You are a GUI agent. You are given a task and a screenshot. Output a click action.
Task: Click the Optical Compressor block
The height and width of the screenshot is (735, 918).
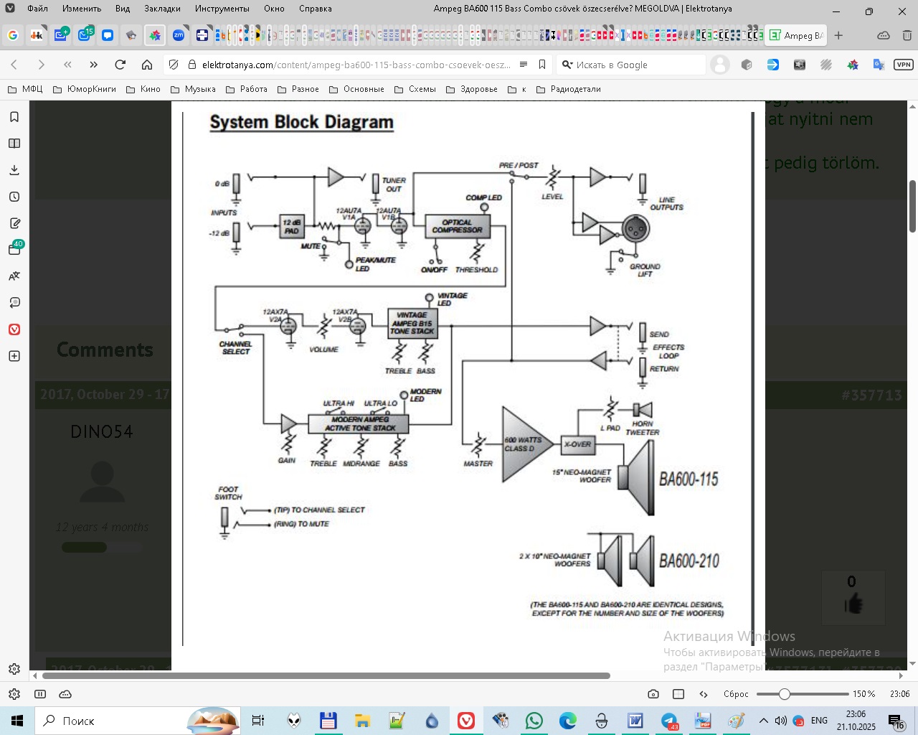pyautogui.click(x=457, y=226)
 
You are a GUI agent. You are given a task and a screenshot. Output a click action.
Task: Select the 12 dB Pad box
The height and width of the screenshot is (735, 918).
pyautogui.click(x=291, y=227)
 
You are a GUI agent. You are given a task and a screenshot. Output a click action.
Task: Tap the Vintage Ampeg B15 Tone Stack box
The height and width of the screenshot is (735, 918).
pyautogui.click(x=412, y=323)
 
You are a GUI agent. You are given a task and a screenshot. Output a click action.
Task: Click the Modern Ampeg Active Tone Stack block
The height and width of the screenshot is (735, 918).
pyautogui.click(x=359, y=423)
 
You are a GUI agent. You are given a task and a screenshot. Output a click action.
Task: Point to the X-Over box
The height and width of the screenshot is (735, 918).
pyautogui.click(x=577, y=444)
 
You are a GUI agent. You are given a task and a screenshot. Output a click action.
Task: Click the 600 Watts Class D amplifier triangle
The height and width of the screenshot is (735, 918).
pyautogui.click(x=524, y=444)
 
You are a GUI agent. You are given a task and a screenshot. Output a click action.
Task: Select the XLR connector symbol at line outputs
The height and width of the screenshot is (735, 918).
pyautogui.click(x=635, y=229)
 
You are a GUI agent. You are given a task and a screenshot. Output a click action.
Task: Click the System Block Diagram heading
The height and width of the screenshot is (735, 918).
pyautogui.click(x=301, y=122)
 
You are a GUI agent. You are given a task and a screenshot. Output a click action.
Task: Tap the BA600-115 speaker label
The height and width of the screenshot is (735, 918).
pyautogui.click(x=688, y=479)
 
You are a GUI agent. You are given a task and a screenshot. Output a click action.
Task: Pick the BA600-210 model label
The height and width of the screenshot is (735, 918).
pyautogui.click(x=689, y=561)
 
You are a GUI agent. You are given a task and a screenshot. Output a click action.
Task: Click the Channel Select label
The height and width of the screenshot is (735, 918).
pyautogui.click(x=236, y=348)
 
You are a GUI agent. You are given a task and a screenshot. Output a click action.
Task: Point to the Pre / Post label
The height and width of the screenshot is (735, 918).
pyautogui.click(x=519, y=165)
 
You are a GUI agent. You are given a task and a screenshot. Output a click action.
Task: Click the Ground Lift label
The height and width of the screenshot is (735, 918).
pyautogui.click(x=645, y=270)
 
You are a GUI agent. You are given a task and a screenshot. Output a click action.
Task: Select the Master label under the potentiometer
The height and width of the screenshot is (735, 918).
pyautogui.click(x=478, y=464)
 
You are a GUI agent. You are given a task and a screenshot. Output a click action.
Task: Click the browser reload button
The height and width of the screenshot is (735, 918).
pyautogui.click(x=120, y=65)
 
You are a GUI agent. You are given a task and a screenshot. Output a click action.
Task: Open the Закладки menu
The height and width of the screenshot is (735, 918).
pyautogui.click(x=162, y=9)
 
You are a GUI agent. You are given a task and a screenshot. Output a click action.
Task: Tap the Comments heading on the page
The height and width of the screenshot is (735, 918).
pyautogui.click(x=105, y=350)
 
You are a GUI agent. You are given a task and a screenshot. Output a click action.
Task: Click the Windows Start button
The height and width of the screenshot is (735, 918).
pyautogui.click(x=17, y=721)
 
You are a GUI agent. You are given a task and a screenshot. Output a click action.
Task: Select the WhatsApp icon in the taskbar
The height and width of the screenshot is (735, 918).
pyautogui.click(x=534, y=721)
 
